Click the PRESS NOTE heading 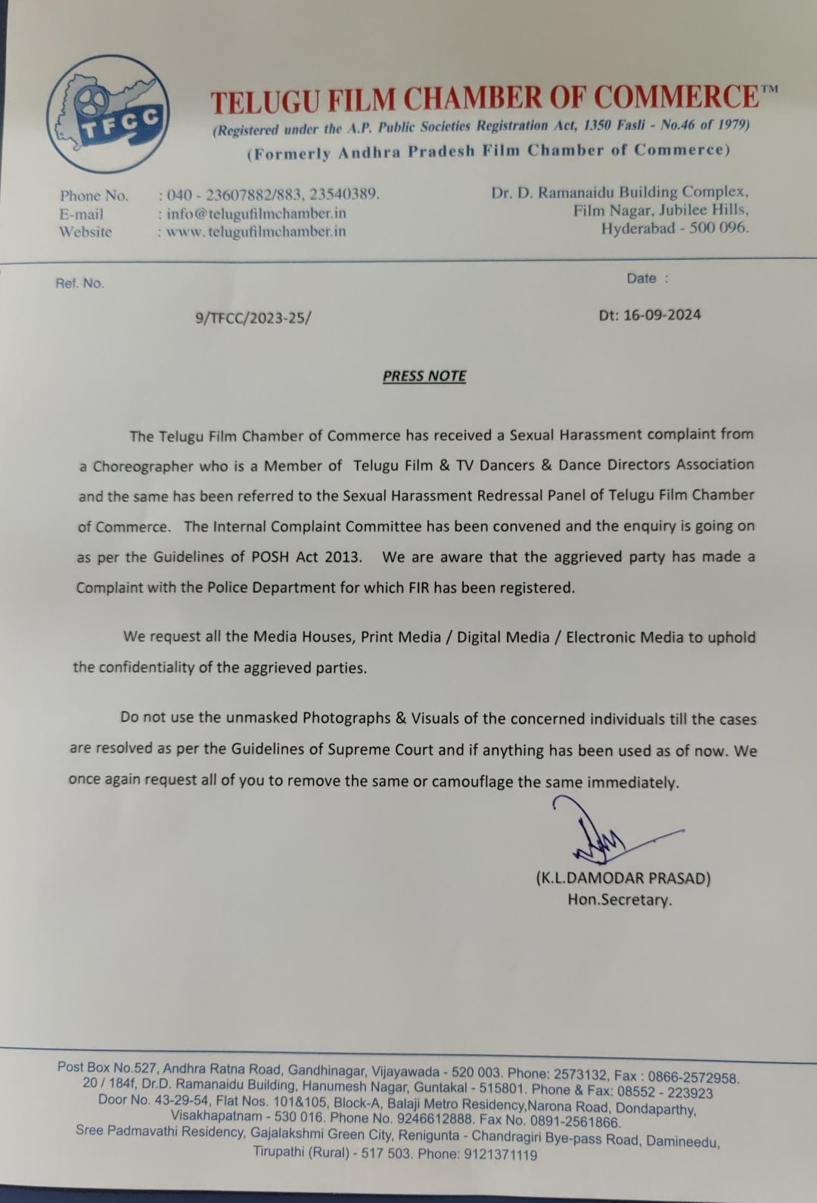[x=424, y=376]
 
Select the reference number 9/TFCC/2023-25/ [x=253, y=318]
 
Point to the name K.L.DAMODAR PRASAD [x=623, y=878]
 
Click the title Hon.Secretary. [x=620, y=900]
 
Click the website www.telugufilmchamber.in [x=256, y=231]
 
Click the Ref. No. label [x=79, y=284]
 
